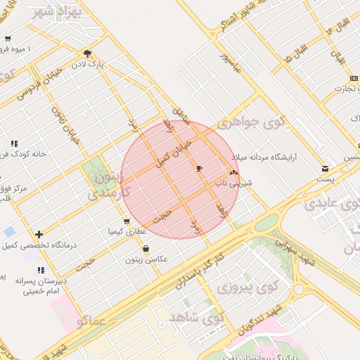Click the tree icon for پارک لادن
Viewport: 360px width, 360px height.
(87, 53)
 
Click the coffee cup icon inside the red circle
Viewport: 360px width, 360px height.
(199, 169)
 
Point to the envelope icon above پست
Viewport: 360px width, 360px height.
(325, 169)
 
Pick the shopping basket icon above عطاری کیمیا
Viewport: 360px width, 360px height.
(127, 221)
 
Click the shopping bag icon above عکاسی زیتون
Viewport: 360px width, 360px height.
(146, 248)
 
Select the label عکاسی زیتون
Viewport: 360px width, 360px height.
(147, 259)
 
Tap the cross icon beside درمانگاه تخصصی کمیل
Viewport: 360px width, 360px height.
(39, 234)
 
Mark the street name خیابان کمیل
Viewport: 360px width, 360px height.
(173, 150)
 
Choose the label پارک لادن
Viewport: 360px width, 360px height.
(91, 64)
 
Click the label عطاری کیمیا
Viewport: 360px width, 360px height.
(127, 231)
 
